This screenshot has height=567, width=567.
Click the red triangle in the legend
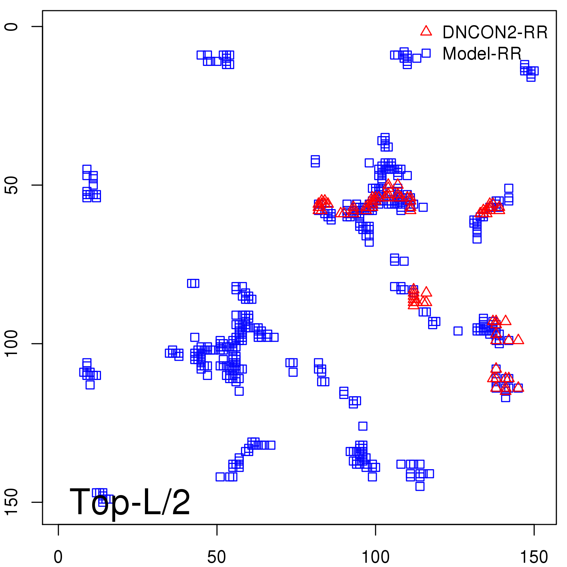point(426,31)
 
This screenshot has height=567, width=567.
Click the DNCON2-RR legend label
point(495,32)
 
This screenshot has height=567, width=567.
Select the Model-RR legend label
point(482,54)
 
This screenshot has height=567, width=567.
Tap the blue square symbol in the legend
point(426,53)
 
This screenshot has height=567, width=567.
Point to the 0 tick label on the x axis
point(58,557)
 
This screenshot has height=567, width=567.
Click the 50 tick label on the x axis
point(217,557)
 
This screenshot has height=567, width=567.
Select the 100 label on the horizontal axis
point(375,557)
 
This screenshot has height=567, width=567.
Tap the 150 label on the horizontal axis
point(534,557)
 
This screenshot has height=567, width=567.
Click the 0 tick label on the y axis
point(11,27)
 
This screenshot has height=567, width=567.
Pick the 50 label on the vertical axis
point(11,185)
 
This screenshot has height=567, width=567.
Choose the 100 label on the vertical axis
point(11,343)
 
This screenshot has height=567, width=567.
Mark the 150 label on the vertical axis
point(11,502)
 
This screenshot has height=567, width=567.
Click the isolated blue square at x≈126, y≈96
point(458,331)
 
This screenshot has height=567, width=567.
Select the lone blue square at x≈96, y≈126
point(363,426)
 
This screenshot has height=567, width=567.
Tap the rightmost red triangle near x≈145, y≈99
point(518,339)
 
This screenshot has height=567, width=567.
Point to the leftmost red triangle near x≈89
point(341,212)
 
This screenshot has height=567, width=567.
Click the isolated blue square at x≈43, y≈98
point(195,337)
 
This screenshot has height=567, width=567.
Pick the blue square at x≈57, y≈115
point(239,391)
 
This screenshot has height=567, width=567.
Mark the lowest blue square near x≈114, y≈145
point(420,486)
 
